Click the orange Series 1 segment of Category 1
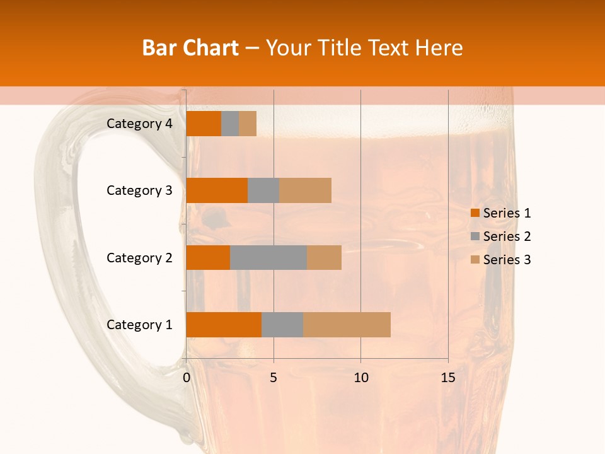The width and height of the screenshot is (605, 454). click(x=224, y=325)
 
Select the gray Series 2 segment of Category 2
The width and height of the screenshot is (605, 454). click(x=268, y=257)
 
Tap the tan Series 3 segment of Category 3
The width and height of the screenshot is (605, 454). click(x=305, y=190)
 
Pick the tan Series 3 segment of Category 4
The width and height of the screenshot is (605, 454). click(x=248, y=124)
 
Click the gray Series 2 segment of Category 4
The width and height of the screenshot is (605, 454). click(x=230, y=124)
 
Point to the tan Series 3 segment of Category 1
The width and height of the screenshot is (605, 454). click(x=347, y=325)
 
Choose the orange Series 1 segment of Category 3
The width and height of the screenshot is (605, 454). click(x=217, y=190)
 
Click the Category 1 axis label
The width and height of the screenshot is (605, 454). click(x=139, y=325)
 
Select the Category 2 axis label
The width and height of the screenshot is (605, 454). click(x=139, y=257)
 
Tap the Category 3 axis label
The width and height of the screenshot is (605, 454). click(x=139, y=190)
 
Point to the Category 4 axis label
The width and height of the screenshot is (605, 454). click(x=139, y=124)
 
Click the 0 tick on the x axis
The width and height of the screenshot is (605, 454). click(x=187, y=378)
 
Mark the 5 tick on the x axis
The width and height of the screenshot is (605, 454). click(x=274, y=378)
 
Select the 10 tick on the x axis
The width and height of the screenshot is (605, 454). click(x=360, y=378)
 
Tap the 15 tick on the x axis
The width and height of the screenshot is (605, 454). click(x=447, y=378)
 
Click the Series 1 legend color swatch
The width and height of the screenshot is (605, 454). click(x=475, y=213)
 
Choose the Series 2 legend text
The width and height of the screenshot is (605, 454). click(x=507, y=236)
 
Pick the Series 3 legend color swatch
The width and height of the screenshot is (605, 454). click(x=475, y=260)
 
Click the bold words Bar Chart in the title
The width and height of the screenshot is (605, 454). click(x=190, y=48)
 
